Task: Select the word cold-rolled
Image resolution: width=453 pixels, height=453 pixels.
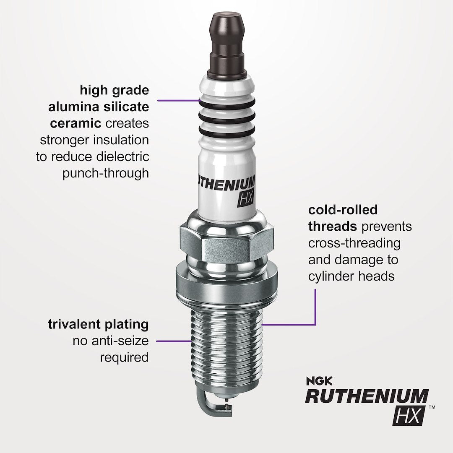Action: (x=337, y=210)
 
